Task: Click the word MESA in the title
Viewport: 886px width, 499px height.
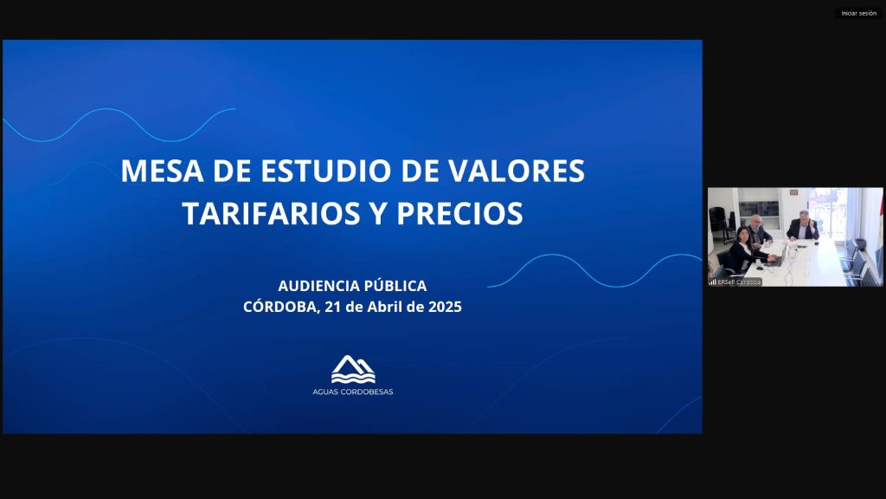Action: [x=162, y=171]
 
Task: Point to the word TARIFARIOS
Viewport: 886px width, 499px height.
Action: [x=271, y=213]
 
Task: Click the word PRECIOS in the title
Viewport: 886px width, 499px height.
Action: [x=459, y=213]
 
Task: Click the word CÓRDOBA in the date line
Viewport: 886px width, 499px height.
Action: [x=281, y=306]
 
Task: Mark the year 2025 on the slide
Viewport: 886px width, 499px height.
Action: [x=445, y=307]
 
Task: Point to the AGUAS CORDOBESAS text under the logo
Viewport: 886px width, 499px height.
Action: [x=353, y=392]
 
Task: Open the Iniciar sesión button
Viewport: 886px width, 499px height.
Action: [x=859, y=13]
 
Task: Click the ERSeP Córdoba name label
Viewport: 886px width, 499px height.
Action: [x=739, y=282]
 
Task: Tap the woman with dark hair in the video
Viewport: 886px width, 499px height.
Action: [x=745, y=250]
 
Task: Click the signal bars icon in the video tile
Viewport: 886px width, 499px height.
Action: [x=713, y=282]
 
